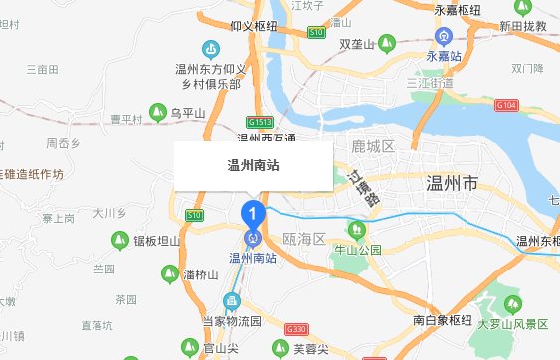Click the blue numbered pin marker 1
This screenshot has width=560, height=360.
pos(253,212)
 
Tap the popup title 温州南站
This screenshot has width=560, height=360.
pos(253,166)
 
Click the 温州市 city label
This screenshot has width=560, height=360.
pos(451,184)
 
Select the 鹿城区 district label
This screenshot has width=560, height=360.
pos(373,147)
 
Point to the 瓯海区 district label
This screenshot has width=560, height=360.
pos(304,240)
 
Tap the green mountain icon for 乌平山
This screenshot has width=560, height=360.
pos(157,112)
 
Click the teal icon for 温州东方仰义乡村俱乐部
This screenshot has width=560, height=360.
pos(210,48)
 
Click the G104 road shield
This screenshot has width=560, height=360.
pos(506,104)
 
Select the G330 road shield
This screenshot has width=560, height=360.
pos(295,329)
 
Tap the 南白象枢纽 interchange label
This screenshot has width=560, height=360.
pos(443,320)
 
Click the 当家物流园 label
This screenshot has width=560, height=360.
pos(231,321)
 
